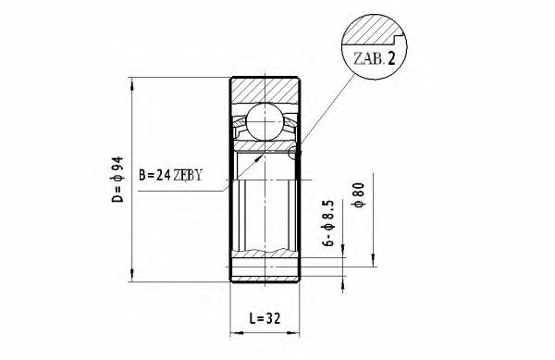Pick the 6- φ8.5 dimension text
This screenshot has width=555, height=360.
coord(327,221)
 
